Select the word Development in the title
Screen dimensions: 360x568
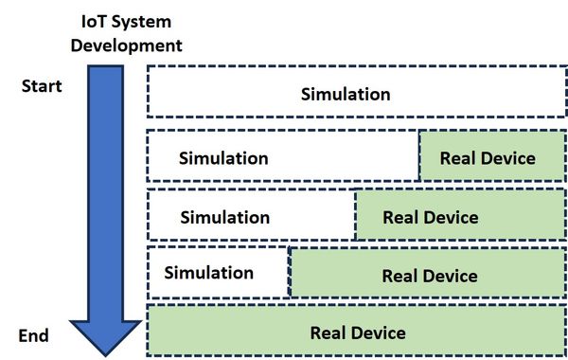click(x=129, y=44)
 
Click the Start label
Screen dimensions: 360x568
click(x=42, y=86)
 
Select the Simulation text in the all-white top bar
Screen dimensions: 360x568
click(x=346, y=94)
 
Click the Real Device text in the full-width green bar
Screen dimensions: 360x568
click(x=358, y=333)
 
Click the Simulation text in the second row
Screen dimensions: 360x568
click(x=223, y=158)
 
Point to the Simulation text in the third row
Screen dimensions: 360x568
click(x=224, y=217)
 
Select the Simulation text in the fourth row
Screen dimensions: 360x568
click(x=208, y=273)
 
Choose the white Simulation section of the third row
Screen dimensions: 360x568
click(x=252, y=216)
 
